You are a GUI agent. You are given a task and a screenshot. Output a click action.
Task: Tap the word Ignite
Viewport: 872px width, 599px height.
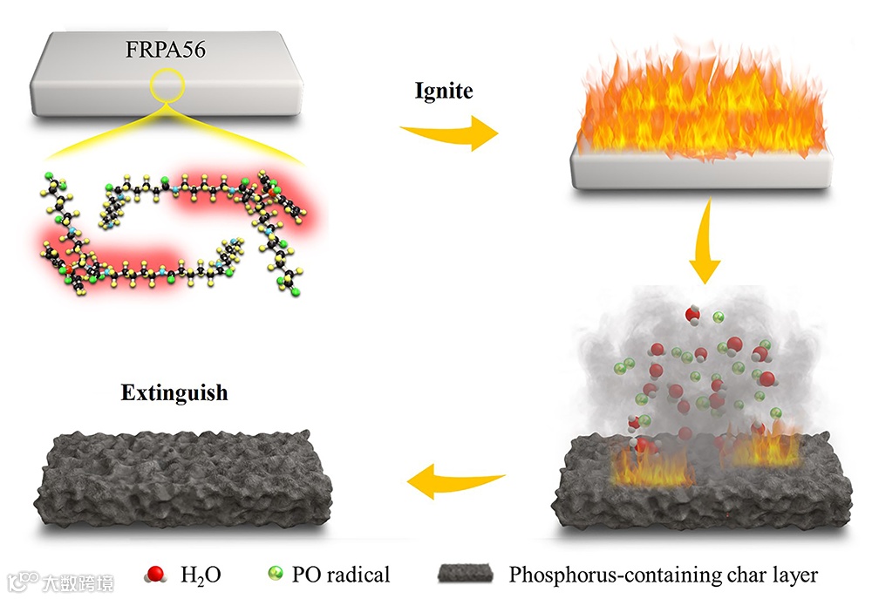pyautogui.click(x=443, y=91)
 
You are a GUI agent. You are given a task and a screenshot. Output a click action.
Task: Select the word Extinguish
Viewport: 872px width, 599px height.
pyautogui.click(x=174, y=393)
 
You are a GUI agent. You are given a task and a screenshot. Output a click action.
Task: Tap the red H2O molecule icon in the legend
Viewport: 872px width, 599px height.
pyautogui.click(x=157, y=575)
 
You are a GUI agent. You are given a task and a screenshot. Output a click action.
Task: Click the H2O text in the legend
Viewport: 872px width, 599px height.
pyautogui.click(x=200, y=575)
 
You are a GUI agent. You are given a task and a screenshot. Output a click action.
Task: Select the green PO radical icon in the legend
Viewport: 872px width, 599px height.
pyautogui.click(x=276, y=574)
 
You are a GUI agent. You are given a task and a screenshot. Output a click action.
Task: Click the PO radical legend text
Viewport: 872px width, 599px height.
pyautogui.click(x=341, y=575)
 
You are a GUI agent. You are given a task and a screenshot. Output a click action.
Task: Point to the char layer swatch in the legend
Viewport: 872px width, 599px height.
pyautogui.click(x=466, y=575)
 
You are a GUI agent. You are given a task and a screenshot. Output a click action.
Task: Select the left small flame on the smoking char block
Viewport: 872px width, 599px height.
pyautogui.click(x=650, y=466)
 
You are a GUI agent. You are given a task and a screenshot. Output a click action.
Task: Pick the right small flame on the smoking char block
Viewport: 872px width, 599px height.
pyautogui.click(x=767, y=449)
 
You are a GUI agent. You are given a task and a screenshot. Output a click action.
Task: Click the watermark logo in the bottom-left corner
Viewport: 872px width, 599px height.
pyautogui.click(x=60, y=578)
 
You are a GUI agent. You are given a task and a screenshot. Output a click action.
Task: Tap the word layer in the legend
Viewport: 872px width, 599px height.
pyautogui.click(x=789, y=575)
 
